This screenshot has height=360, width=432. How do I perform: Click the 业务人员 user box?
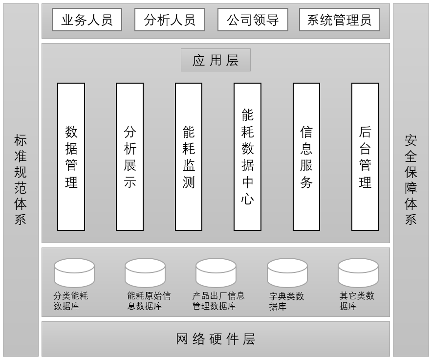pyautogui.click(x=86, y=20)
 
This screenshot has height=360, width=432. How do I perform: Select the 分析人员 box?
pyautogui.click(x=170, y=20)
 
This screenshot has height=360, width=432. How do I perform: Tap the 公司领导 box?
pyautogui.click(x=253, y=20)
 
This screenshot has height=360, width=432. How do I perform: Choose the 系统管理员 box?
pyautogui.click(x=339, y=20)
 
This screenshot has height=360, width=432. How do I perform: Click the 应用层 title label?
pyautogui.click(x=216, y=60)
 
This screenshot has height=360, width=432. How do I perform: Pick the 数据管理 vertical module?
pyautogui.click(x=71, y=157)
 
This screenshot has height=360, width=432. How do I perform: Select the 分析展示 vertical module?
pyautogui.click(x=130, y=157)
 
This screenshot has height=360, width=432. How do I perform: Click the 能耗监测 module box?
pyautogui.click(x=189, y=157)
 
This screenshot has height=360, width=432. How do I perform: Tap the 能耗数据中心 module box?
pyautogui.click(x=247, y=157)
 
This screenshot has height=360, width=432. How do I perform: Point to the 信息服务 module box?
pyautogui.click(x=306, y=157)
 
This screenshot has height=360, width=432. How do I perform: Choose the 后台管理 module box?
pyautogui.click(x=365, y=157)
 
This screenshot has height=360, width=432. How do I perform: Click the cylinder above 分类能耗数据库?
pyautogui.click(x=74, y=272)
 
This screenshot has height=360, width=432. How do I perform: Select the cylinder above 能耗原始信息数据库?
pyautogui.click(x=145, y=272)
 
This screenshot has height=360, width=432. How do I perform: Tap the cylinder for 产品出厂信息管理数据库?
pyautogui.click(x=216, y=272)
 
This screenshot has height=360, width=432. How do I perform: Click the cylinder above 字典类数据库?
pyautogui.click(x=287, y=272)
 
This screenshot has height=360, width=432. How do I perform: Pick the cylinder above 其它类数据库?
pyautogui.click(x=358, y=272)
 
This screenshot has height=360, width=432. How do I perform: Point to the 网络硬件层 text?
pyautogui.click(x=216, y=339)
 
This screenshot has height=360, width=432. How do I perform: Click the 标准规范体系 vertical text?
pyautogui.click(x=21, y=180)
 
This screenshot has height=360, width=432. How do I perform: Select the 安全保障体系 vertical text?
pyautogui.click(x=411, y=180)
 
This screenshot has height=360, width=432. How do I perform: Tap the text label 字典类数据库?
pyautogui.click(x=286, y=301)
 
